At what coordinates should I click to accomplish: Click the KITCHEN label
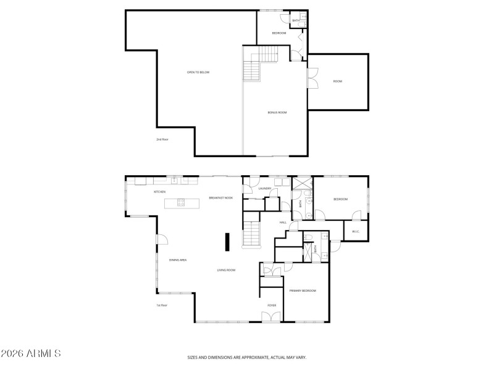click(x=159, y=192)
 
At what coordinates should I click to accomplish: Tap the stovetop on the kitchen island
click(x=181, y=202)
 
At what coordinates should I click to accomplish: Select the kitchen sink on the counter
click(x=175, y=181)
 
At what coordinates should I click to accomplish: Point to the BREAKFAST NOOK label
click(x=220, y=198)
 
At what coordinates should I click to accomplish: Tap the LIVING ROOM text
click(x=226, y=270)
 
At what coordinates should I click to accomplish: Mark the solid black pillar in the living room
click(x=227, y=242)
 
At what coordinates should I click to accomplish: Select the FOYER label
click(x=271, y=305)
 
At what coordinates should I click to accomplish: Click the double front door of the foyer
click(x=270, y=317)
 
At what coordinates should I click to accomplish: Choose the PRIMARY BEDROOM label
click(x=303, y=290)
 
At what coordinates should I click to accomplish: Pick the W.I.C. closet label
click(x=356, y=231)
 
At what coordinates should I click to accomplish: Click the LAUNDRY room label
click(x=266, y=189)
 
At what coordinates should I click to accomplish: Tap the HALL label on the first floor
click(x=283, y=222)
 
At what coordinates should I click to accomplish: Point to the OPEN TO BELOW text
click(x=198, y=72)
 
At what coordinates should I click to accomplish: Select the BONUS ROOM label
click(x=277, y=112)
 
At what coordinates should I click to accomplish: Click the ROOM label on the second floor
click(x=338, y=81)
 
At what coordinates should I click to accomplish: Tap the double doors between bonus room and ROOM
click(x=312, y=81)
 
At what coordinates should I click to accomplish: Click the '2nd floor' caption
click(x=162, y=139)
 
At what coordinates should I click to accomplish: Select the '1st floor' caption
click(x=162, y=305)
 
